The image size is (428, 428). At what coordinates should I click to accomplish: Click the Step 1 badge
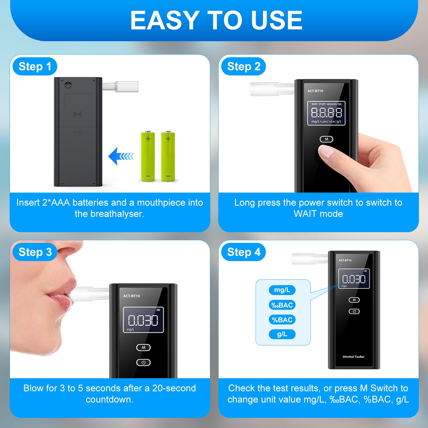[x=35, y=66]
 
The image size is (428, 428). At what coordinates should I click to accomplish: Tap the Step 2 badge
[x=243, y=66]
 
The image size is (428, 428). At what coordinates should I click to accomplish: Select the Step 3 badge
[x=35, y=252]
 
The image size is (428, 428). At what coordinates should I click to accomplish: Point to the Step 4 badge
[x=243, y=252]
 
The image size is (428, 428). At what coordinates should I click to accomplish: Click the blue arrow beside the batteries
[x=121, y=156]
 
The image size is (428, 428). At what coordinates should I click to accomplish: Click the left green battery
[x=148, y=156]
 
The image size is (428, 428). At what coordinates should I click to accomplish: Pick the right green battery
[x=168, y=156]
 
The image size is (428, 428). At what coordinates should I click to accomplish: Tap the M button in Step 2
[x=326, y=139]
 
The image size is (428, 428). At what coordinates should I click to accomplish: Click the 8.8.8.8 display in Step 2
[x=326, y=113]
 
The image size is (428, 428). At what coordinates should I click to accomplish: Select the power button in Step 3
[x=144, y=362]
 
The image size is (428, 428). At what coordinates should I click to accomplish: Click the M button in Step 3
[x=144, y=347]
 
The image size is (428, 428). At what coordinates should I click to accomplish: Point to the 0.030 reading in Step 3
[x=143, y=320]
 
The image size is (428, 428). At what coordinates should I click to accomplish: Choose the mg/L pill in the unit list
[x=282, y=290]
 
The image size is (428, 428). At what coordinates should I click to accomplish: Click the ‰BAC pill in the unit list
[x=282, y=305]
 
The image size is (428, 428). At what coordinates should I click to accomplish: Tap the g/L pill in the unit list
[x=282, y=334]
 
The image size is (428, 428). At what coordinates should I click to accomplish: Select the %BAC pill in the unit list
[x=282, y=320]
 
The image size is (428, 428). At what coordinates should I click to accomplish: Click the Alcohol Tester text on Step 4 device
[x=354, y=357]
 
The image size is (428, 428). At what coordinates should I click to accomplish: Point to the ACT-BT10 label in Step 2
[x=315, y=91]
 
